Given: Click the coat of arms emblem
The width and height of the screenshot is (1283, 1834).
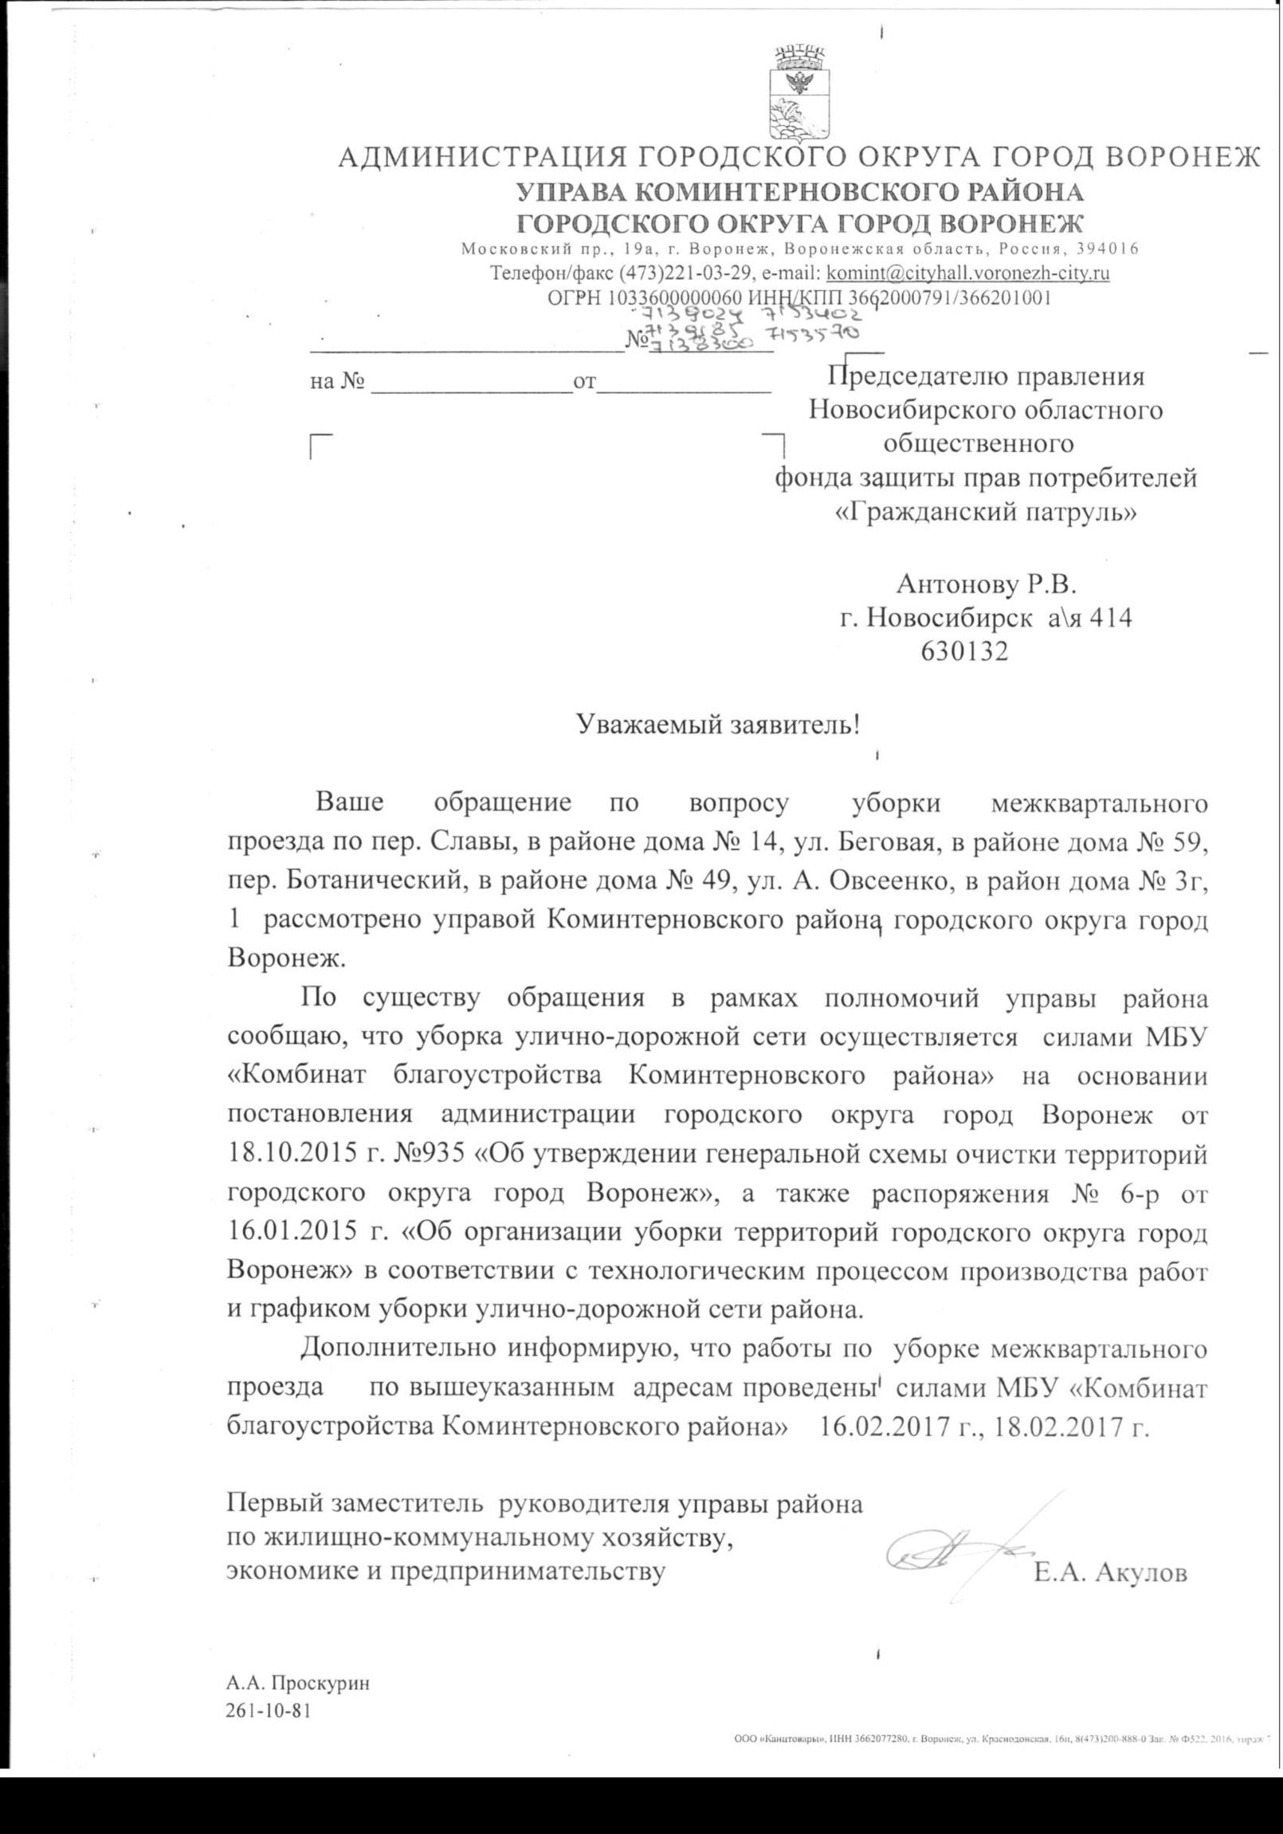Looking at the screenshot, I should coord(798,95).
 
